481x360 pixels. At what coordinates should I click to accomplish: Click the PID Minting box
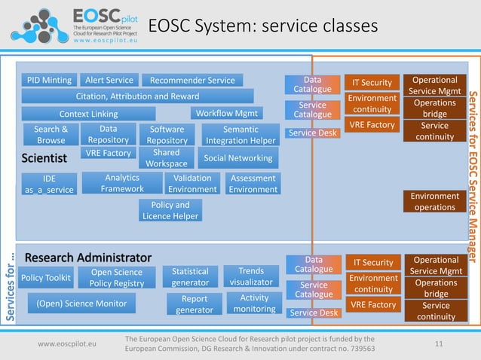[x=49, y=80]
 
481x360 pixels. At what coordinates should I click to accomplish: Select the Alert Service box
[x=109, y=80]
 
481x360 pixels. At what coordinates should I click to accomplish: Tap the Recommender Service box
[x=192, y=80]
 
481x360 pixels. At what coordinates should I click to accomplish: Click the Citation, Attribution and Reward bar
[x=138, y=96]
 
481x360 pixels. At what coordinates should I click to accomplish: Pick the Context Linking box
[x=88, y=114]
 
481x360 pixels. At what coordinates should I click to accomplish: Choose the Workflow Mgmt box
[x=226, y=113]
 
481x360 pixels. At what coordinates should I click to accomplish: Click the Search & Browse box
[x=51, y=134]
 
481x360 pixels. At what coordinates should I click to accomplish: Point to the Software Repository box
[x=167, y=134]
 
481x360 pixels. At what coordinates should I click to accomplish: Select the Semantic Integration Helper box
[x=240, y=134]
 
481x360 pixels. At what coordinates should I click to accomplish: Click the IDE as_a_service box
[x=49, y=184]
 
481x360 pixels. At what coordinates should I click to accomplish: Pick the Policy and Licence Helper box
[x=170, y=210]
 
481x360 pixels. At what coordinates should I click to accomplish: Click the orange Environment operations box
[x=434, y=201]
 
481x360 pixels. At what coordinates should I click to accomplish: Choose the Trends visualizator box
[x=251, y=276]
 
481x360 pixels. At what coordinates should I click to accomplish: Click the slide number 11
[x=439, y=344]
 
